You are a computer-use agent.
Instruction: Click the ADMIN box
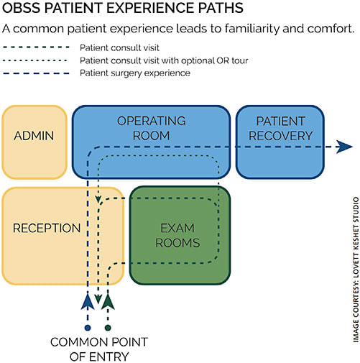point(34,142)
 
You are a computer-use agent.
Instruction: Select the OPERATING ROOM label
point(152,128)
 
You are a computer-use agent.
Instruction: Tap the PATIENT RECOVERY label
point(280,129)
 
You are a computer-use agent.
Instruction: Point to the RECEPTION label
point(47,228)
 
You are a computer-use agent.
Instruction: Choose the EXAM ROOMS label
point(177,235)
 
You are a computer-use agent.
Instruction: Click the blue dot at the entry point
point(88,328)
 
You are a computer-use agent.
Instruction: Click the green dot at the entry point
point(108,328)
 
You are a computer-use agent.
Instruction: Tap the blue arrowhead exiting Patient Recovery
point(344,147)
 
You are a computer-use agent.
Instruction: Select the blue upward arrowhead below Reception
point(88,301)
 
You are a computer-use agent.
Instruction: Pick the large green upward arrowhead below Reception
point(108,301)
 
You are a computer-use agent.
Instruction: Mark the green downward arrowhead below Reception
point(98,300)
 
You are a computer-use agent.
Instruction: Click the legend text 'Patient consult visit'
point(119,47)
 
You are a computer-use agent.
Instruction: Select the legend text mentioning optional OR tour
point(164,60)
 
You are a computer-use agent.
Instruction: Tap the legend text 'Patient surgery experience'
point(135,73)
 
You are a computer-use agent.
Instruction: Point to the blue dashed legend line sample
point(36,73)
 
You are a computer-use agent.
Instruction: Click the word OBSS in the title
point(21,8)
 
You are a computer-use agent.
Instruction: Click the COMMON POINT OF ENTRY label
point(99,349)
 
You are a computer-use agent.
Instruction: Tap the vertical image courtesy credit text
point(356,270)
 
